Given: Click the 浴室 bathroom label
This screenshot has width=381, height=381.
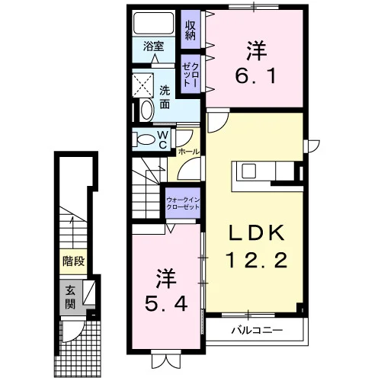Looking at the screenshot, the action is [154, 46].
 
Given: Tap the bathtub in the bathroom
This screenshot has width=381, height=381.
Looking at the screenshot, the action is [154, 23].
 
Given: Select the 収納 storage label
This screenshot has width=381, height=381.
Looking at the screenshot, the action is [190, 30].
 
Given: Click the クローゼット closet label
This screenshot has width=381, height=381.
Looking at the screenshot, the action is [190, 75].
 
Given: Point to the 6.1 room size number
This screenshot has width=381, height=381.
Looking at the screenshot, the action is [255, 76].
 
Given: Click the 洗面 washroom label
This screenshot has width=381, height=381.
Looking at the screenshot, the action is [165, 98].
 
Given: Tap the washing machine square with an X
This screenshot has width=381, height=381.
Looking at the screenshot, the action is [143, 85].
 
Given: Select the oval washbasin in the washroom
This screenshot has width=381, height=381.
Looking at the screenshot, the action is [147, 110].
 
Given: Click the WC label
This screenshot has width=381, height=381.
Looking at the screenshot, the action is [162, 139].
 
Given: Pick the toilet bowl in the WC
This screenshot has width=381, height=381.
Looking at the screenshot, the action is [145, 139].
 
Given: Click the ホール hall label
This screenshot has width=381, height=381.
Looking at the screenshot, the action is [189, 152].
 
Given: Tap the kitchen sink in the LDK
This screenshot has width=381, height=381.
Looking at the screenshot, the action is [248, 171].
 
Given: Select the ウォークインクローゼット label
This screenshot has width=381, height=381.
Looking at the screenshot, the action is [183, 203].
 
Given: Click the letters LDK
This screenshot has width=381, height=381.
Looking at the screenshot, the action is [257, 233].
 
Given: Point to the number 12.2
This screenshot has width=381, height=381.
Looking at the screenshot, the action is [257, 260].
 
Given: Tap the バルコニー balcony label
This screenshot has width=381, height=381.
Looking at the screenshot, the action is [257, 330].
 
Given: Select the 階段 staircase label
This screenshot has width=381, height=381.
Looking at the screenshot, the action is [74, 261].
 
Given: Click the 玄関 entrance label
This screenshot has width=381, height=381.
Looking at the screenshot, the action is [70, 296].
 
